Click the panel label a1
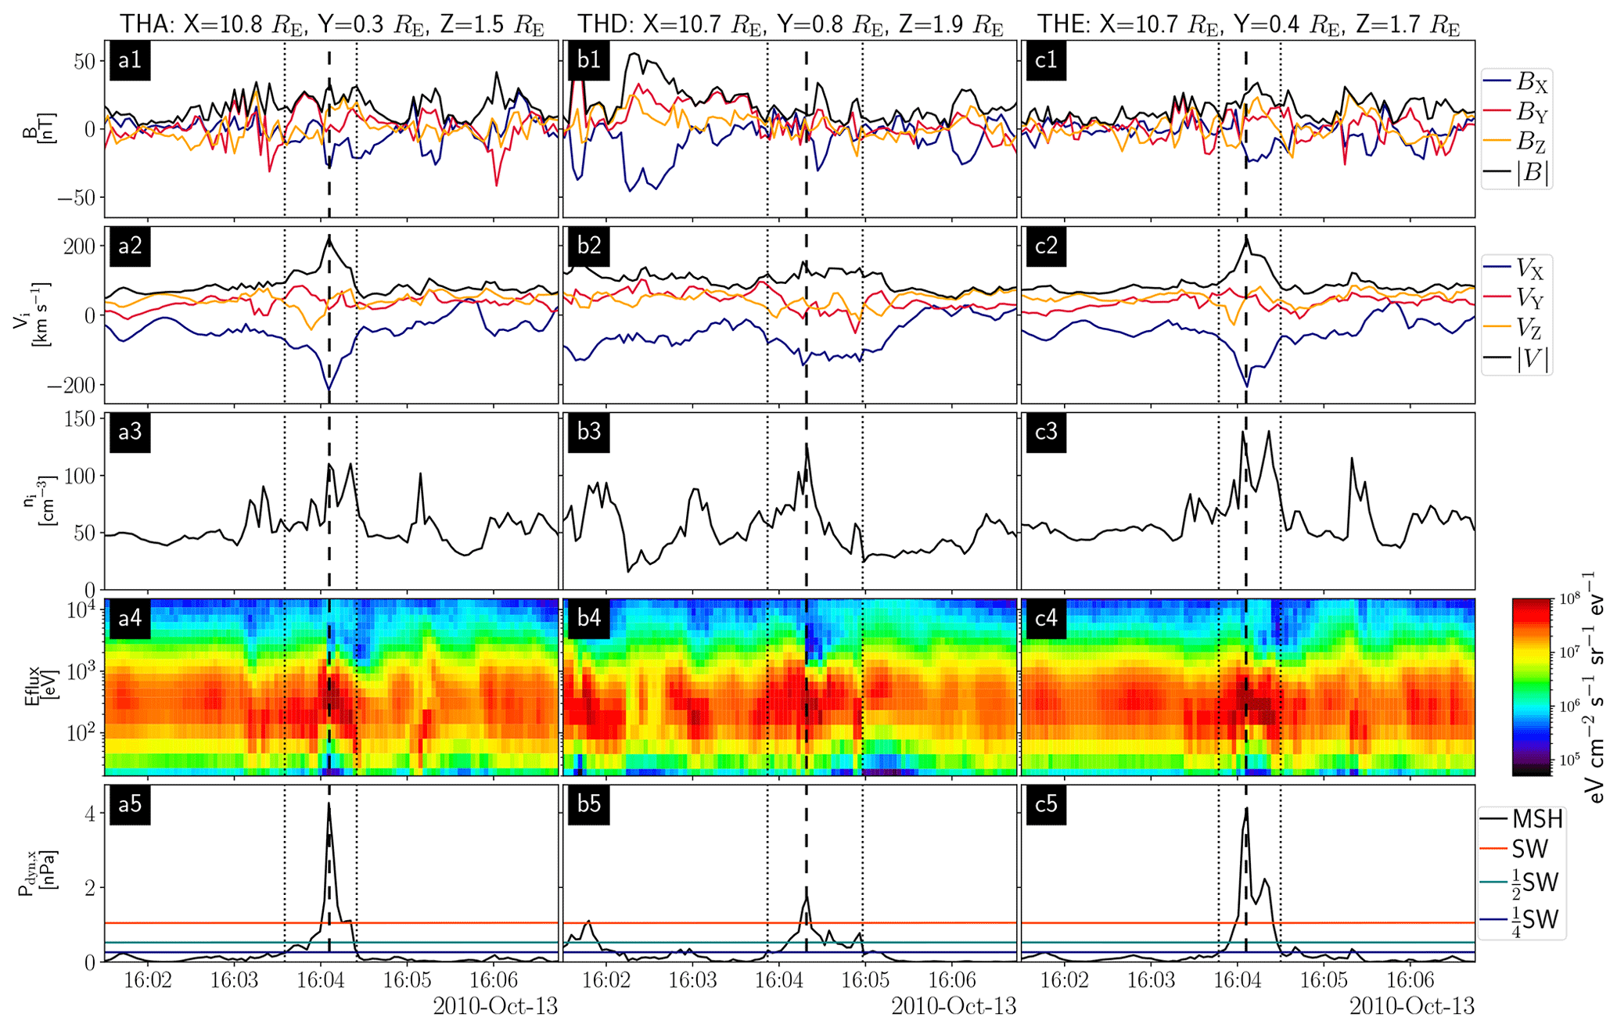(130, 61)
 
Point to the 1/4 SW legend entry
(1522, 920)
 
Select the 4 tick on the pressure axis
(90, 814)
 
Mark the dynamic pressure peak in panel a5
(329, 803)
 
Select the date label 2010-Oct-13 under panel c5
(1412, 1006)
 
